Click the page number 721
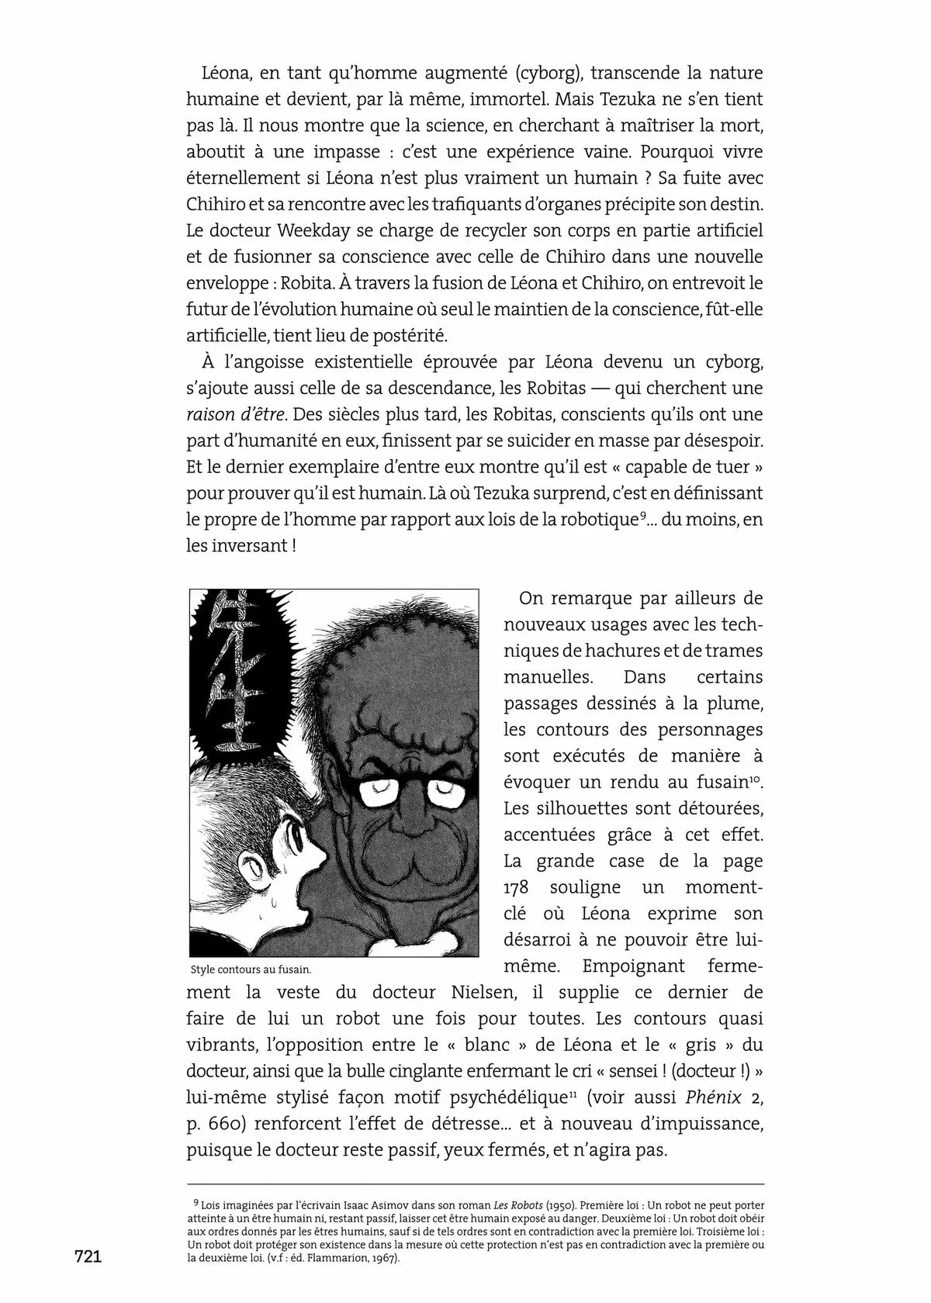click(x=88, y=1257)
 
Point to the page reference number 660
click(x=226, y=1124)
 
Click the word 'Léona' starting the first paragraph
click(x=226, y=74)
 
